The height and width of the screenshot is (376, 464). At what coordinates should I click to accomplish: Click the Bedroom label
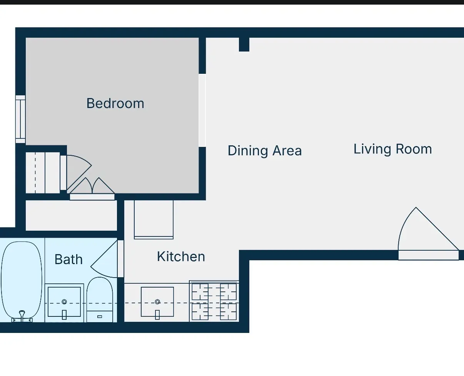pos(115,103)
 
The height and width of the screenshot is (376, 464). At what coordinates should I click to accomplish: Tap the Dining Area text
pos(265,151)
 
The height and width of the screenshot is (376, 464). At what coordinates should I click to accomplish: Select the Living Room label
pos(392,149)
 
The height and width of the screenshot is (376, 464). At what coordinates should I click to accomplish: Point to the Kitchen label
pos(181,257)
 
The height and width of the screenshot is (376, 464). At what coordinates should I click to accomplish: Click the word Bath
pos(68,260)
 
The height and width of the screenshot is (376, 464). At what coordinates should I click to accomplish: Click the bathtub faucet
pos(22,315)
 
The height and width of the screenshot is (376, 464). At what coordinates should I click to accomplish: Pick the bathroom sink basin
pos(64,302)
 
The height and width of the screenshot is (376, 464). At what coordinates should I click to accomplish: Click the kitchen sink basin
pos(157,302)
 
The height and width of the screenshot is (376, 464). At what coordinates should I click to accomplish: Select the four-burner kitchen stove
pos(214,302)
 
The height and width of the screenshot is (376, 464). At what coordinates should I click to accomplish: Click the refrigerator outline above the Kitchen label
pos(154,219)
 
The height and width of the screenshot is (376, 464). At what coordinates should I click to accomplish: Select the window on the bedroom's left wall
pos(20,119)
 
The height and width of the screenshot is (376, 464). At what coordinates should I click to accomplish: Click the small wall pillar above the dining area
pos(244,44)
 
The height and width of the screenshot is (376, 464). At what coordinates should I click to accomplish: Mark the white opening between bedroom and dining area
pos(202,110)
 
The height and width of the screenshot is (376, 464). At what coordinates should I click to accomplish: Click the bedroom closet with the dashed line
pos(42,173)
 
